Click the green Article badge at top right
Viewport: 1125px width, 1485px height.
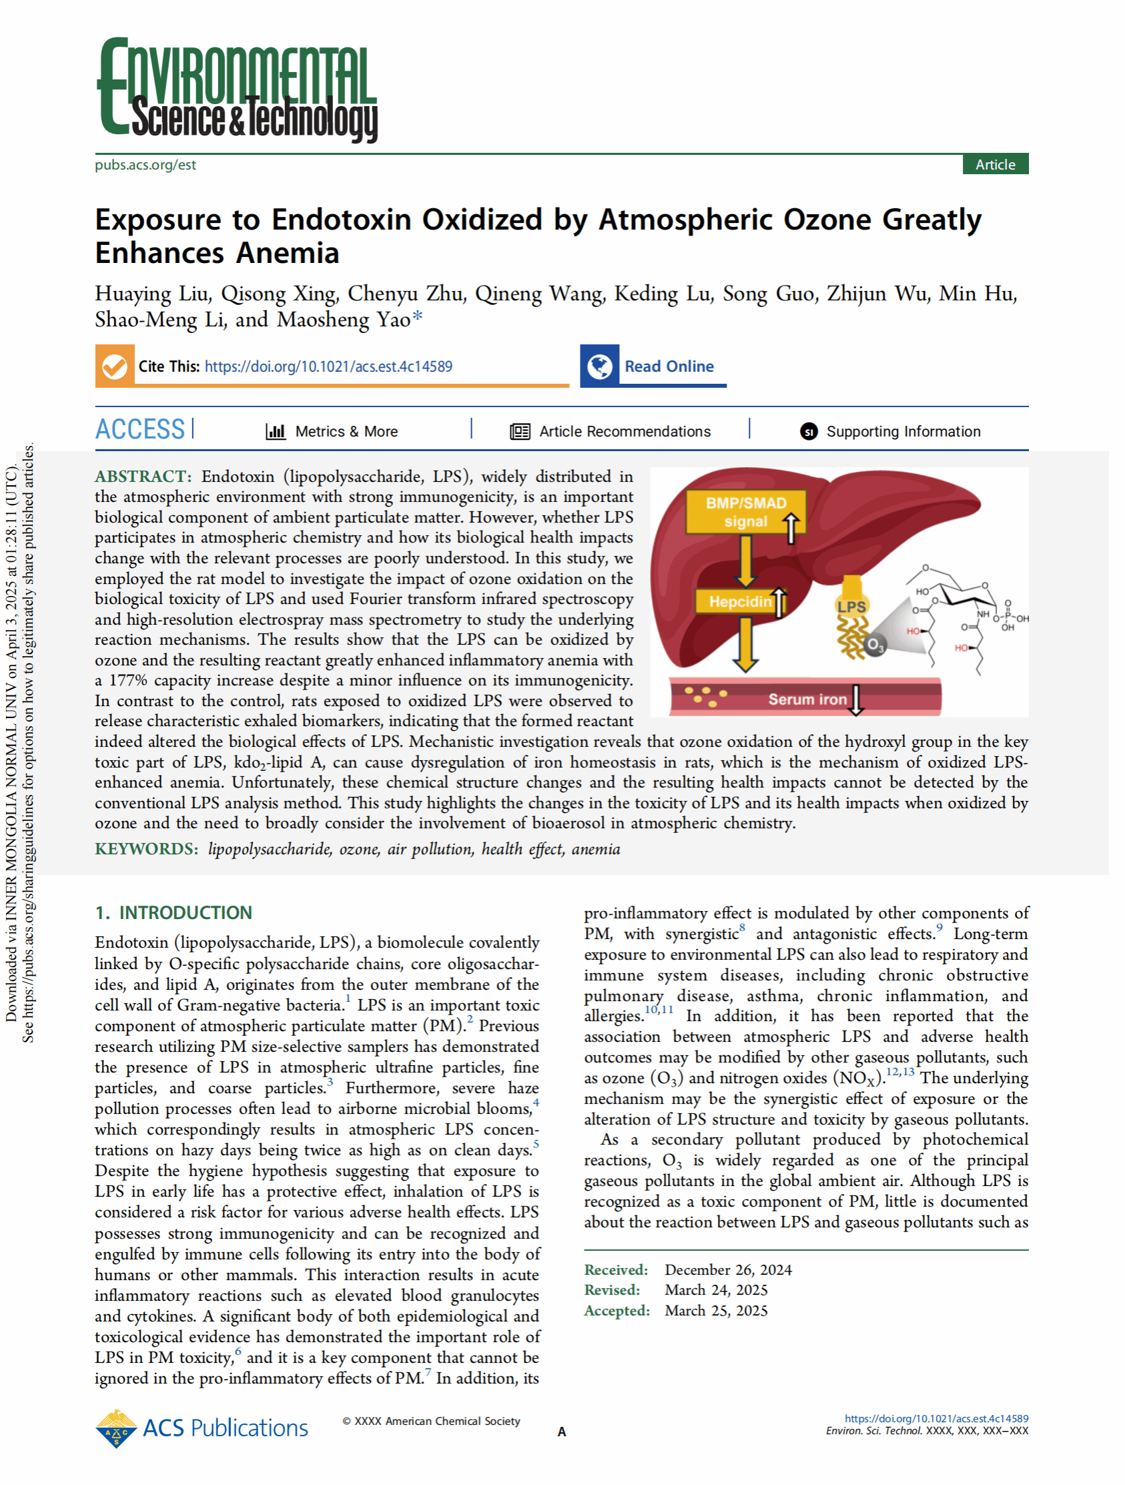coord(995,164)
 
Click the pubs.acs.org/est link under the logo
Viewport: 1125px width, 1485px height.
coord(145,164)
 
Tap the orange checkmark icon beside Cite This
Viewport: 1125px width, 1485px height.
coord(115,366)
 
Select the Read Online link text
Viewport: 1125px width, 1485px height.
coord(669,366)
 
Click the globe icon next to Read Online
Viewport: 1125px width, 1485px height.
coord(599,366)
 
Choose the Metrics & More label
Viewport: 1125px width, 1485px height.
coord(346,431)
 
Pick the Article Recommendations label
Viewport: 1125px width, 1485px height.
coord(625,431)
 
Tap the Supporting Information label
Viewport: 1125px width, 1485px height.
coord(903,431)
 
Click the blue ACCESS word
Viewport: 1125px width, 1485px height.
coord(139,430)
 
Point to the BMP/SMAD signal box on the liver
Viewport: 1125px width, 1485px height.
coord(745,512)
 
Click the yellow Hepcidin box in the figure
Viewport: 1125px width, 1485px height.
coord(740,601)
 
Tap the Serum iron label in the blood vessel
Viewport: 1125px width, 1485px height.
coord(807,699)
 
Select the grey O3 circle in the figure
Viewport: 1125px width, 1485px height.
coord(874,646)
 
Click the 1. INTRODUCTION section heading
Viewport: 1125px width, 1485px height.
coord(174,912)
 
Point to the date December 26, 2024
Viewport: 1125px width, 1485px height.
coord(727,1269)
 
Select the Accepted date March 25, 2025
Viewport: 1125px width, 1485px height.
coord(715,1310)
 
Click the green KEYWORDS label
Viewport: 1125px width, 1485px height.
coord(146,849)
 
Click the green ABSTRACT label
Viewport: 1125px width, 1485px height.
coord(143,477)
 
